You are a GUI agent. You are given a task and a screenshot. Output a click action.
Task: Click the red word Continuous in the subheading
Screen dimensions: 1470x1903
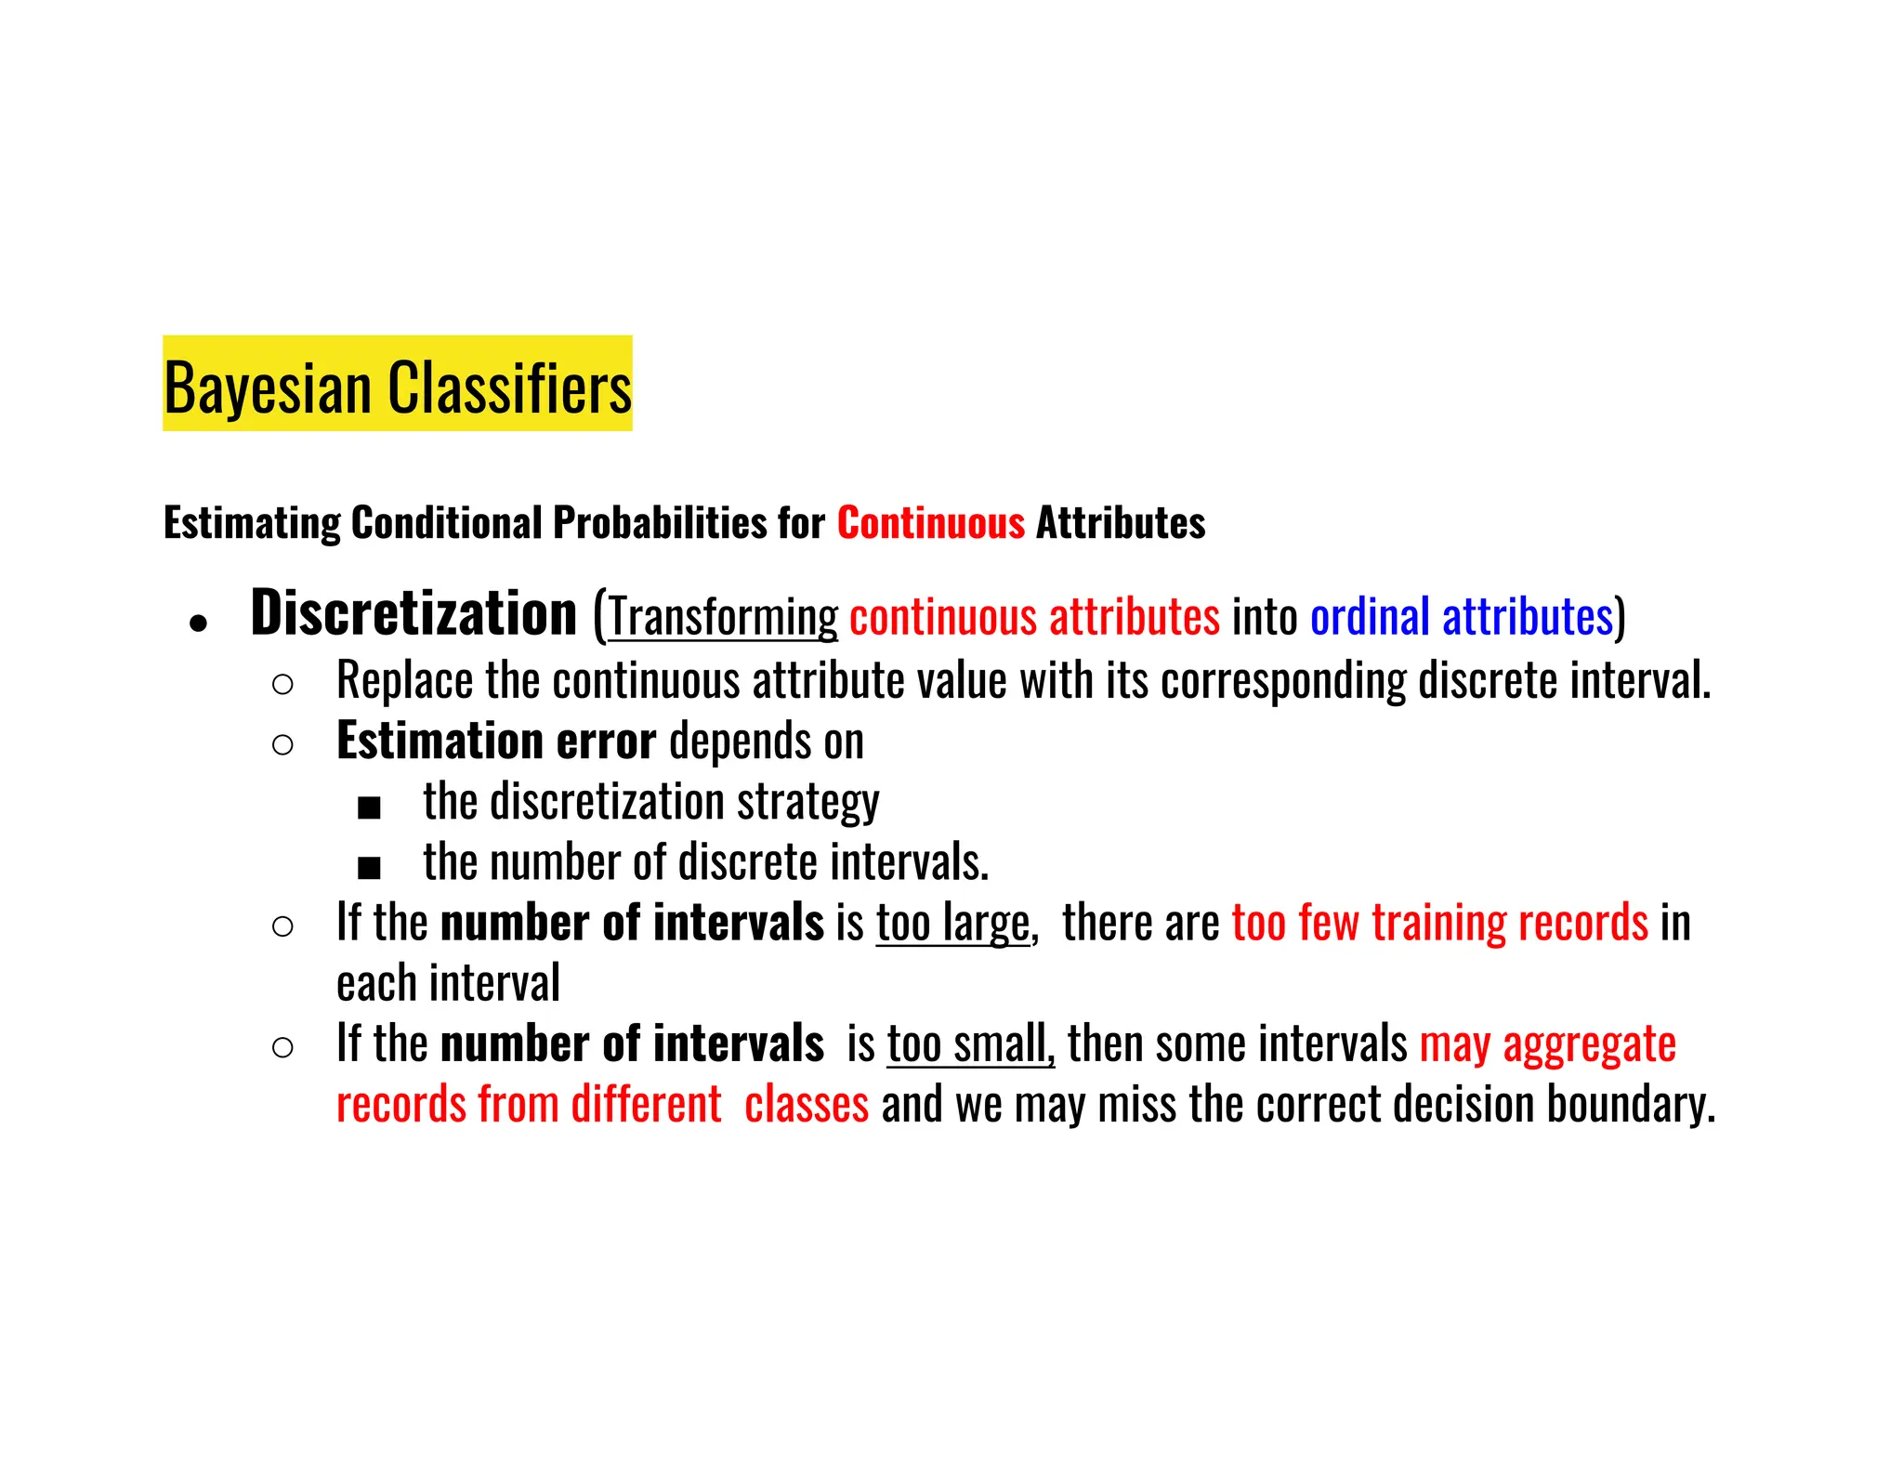tap(930, 523)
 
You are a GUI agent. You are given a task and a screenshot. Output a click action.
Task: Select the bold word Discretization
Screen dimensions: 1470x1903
tap(413, 614)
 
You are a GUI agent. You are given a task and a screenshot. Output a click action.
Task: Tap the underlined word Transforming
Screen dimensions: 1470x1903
tap(723, 618)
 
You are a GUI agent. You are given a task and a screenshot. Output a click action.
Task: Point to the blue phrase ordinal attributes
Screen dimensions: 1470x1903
tap(1462, 617)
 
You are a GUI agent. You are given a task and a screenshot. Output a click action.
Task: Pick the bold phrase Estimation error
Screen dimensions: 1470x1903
tap(495, 742)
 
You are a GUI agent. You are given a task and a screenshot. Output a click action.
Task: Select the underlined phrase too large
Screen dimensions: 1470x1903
tap(952, 924)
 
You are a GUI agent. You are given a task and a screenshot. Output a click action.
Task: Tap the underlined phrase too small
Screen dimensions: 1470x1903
tap(970, 1044)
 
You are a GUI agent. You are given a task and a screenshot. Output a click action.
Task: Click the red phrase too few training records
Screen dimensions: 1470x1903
tap(1439, 923)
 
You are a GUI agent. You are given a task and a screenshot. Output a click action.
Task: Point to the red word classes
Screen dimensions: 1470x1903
tap(806, 1105)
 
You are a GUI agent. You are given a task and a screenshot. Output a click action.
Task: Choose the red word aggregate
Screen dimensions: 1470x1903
tap(1589, 1044)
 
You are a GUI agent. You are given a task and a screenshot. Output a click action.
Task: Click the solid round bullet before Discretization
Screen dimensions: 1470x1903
tap(197, 623)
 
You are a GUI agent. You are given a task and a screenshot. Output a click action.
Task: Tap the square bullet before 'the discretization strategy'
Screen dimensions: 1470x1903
tap(369, 808)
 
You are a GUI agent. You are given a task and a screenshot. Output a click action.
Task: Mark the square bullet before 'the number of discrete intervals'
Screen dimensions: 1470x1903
tap(369, 869)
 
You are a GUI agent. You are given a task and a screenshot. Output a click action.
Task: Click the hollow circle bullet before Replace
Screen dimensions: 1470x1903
tap(283, 685)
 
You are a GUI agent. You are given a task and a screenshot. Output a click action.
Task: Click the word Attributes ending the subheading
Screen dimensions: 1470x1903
tap(1120, 523)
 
